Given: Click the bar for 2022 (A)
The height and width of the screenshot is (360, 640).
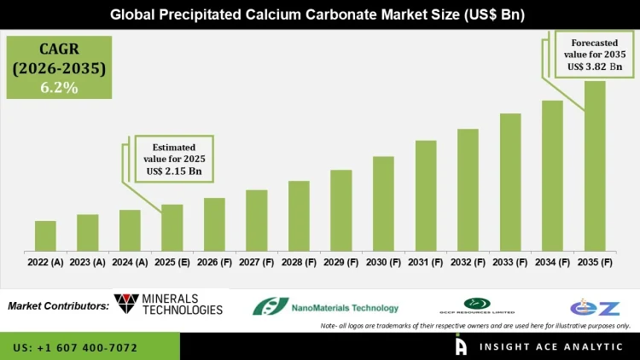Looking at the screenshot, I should pyautogui.click(x=45, y=235).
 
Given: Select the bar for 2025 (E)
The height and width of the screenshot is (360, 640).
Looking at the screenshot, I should pyautogui.click(x=172, y=228).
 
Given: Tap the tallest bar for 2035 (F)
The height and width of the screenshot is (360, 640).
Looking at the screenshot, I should pyautogui.click(x=595, y=166).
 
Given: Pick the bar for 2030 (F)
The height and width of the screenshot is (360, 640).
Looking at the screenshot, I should pyautogui.click(x=383, y=204).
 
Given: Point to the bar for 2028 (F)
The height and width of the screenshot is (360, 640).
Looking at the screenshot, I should pyautogui.click(x=299, y=216).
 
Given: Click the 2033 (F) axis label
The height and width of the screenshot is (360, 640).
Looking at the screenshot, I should pyautogui.click(x=510, y=263).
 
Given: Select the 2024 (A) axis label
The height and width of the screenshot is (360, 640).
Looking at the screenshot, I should pyautogui.click(x=130, y=263).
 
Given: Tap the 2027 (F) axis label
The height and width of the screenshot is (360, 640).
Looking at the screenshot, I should pyautogui.click(x=257, y=263).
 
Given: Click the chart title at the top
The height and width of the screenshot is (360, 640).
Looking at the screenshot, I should pyautogui.click(x=320, y=15).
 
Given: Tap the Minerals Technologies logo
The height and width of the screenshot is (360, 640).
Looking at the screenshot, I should pyautogui.click(x=168, y=304).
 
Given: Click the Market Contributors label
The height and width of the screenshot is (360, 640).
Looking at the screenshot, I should pyautogui.click(x=57, y=305).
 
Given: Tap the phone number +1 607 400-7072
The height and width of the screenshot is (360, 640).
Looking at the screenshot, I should pyautogui.click(x=75, y=348).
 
